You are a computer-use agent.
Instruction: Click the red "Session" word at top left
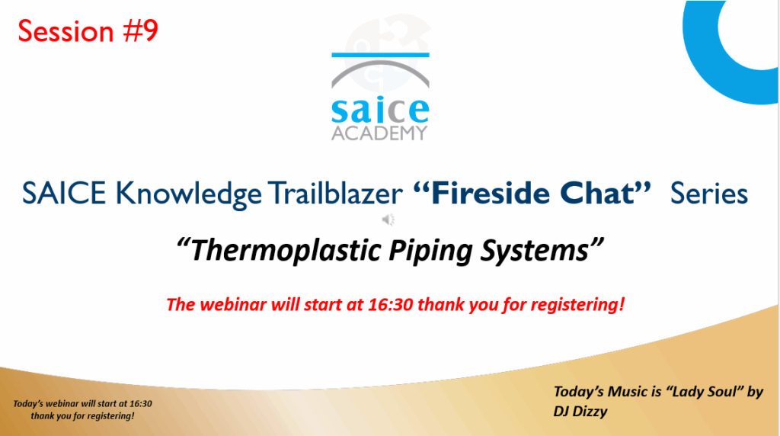click(x=66, y=30)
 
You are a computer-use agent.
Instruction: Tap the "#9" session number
click(x=141, y=30)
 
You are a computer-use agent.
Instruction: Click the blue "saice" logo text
click(x=380, y=110)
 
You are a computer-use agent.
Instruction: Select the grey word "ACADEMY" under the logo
click(x=379, y=133)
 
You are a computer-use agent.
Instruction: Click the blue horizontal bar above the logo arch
click(x=380, y=55)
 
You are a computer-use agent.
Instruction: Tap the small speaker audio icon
click(x=388, y=220)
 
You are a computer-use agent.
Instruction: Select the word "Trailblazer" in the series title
click(x=335, y=193)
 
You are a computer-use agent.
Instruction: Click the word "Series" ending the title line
click(x=709, y=193)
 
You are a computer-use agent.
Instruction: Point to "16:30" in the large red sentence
click(x=391, y=304)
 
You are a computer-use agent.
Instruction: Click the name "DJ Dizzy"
click(x=580, y=412)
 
